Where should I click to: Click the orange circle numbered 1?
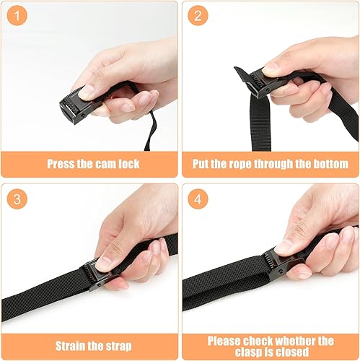click(17, 16)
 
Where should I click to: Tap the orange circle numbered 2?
click(198, 16)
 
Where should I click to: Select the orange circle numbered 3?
click(17, 199)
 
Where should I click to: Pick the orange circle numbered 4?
click(198, 199)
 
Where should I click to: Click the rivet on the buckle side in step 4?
click(280, 271)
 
